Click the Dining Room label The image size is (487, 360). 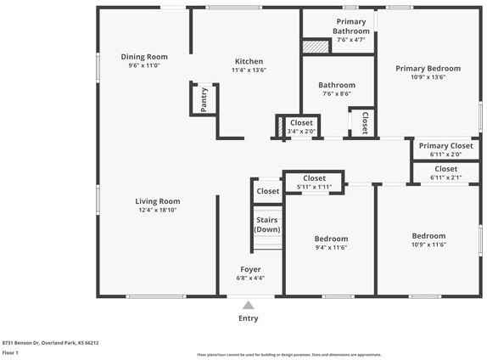tap(144, 57)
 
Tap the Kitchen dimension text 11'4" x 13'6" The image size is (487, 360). tap(249, 71)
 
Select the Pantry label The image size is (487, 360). tap(204, 101)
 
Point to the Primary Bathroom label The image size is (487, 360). tap(350, 26)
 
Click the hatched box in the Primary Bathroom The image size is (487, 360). tap(316, 48)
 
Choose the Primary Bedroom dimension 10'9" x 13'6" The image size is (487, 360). tap(428, 77)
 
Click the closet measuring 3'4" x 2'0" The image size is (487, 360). tap(301, 127)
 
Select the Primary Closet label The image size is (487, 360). tap(445, 146)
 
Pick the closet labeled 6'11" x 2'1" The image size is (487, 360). tap(445, 173)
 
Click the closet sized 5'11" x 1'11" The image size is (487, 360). tap(314, 183)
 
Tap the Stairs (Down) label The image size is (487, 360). tap(267, 225)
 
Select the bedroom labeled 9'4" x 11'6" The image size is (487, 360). tap(331, 243)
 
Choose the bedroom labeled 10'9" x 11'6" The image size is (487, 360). tap(428, 240)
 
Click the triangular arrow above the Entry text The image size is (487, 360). tap(248, 306)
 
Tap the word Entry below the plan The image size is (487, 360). tap(248, 318)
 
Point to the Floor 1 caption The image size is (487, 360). tap(10, 352)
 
